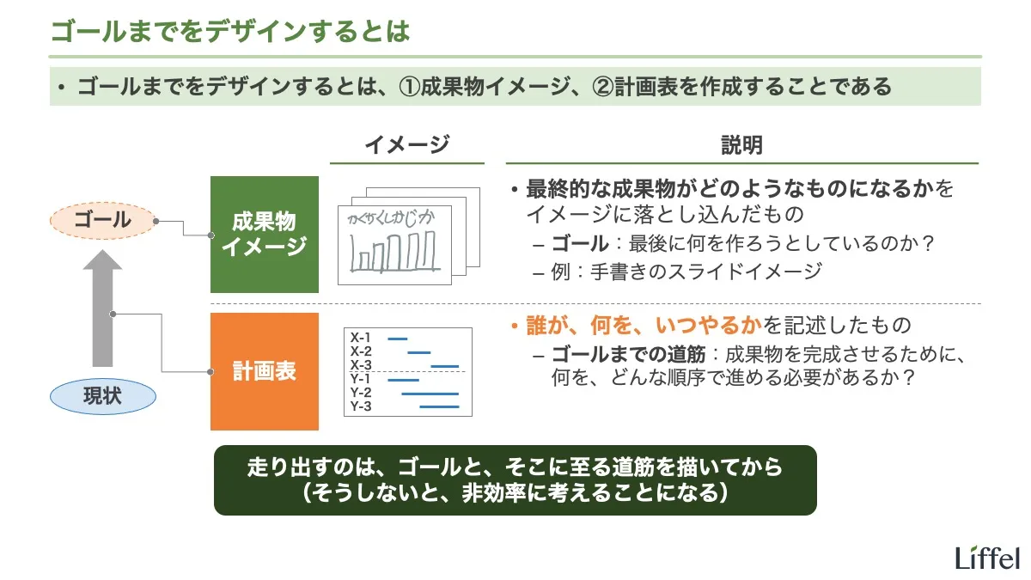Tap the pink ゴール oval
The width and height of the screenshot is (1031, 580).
tap(102, 221)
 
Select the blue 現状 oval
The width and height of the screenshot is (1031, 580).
tap(102, 396)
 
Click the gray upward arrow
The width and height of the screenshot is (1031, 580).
tap(102, 309)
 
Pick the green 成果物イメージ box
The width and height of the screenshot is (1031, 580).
tap(265, 234)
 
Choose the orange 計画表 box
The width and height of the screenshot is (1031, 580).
tap(265, 371)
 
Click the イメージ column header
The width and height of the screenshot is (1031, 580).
tap(406, 145)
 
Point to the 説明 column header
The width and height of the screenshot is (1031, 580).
tap(741, 145)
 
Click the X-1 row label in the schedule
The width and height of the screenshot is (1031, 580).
tap(360, 338)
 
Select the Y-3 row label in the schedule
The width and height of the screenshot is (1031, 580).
tap(360, 406)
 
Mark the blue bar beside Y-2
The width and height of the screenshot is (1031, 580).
tap(430, 393)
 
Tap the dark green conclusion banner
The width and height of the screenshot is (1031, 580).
tap(515, 479)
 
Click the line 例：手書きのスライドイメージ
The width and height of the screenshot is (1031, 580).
tap(687, 272)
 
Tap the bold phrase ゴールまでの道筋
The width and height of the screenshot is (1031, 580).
tap(628, 354)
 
